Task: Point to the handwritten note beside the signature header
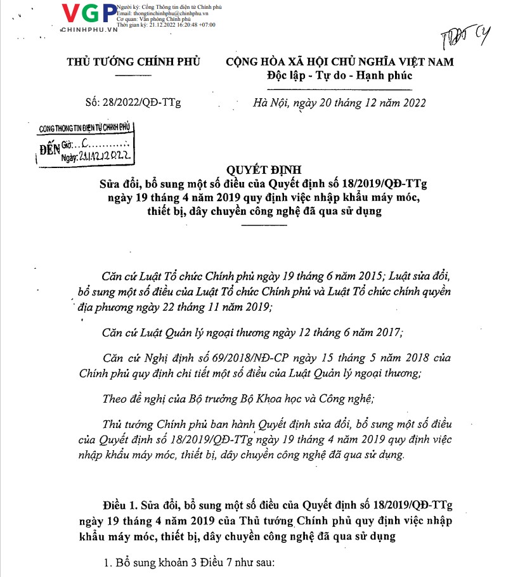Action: [x=468, y=39]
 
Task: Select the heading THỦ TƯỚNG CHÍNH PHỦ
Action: [x=134, y=62]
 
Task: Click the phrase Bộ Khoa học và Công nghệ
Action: [x=307, y=399]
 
